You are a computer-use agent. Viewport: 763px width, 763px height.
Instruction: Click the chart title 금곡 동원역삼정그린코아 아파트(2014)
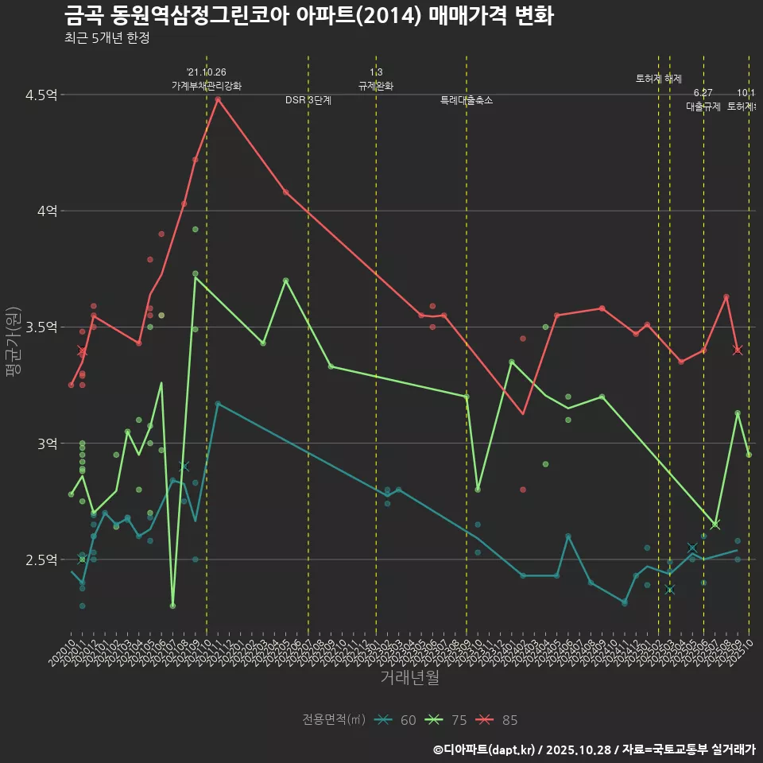(x=308, y=16)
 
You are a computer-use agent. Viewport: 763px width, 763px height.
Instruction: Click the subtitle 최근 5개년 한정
(x=107, y=37)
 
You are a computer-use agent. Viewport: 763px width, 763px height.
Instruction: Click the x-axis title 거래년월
(x=409, y=678)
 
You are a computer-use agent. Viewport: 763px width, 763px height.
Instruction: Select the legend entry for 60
(x=397, y=720)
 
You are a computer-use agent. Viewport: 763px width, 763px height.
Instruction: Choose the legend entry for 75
(x=448, y=720)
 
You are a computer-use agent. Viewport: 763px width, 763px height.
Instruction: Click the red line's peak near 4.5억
(x=218, y=99)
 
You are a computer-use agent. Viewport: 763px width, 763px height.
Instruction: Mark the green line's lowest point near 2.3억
(x=172, y=606)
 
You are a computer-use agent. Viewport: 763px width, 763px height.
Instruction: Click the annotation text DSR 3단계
(x=308, y=100)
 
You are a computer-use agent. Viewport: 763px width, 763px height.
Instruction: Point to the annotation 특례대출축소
(x=467, y=100)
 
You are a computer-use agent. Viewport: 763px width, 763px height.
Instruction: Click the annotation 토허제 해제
(x=659, y=79)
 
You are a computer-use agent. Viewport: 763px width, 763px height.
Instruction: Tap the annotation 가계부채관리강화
(x=207, y=86)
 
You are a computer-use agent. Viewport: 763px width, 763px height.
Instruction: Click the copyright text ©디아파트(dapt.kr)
(x=484, y=749)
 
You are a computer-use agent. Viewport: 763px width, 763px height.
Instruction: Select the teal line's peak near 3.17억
(x=218, y=403)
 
